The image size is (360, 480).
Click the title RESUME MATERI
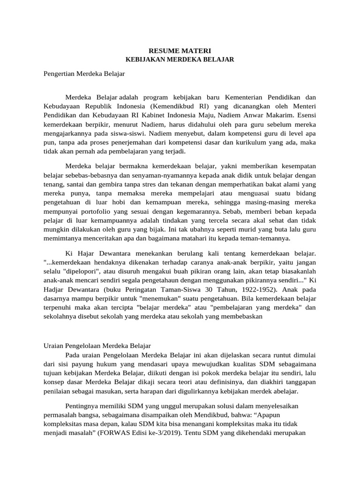click(x=180, y=50)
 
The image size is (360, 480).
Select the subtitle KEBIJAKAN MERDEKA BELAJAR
click(x=180, y=60)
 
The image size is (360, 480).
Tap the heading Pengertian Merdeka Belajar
click(x=84, y=73)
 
